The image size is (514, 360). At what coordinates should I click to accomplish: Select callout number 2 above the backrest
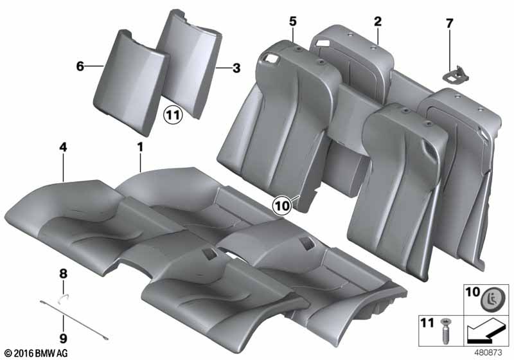[x=378, y=22]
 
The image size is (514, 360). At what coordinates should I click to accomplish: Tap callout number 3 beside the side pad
[x=236, y=67]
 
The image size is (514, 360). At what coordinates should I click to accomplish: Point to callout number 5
[x=292, y=22]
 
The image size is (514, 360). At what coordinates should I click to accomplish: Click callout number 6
[x=80, y=66]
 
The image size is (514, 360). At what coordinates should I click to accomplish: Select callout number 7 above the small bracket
[x=449, y=24]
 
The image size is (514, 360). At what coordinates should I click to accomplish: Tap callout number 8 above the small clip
[x=63, y=274]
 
